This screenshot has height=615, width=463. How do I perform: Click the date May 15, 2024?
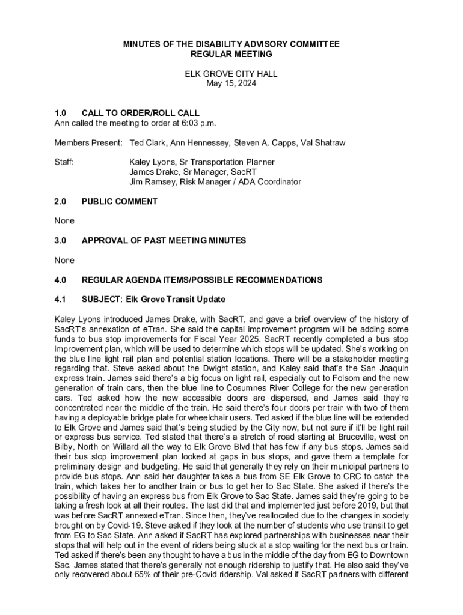(231, 84)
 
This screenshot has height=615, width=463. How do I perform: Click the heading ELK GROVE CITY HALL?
(231, 74)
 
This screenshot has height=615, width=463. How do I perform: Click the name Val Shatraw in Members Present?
(323, 143)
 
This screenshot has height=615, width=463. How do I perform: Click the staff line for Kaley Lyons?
(202, 162)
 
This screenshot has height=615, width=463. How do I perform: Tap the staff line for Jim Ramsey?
(215, 182)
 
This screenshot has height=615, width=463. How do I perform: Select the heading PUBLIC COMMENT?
(120, 202)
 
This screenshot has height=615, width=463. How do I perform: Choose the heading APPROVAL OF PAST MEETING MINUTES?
(164, 241)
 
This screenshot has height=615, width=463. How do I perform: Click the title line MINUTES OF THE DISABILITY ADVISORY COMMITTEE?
(231, 44)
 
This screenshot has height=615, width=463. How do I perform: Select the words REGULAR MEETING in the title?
(231, 54)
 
